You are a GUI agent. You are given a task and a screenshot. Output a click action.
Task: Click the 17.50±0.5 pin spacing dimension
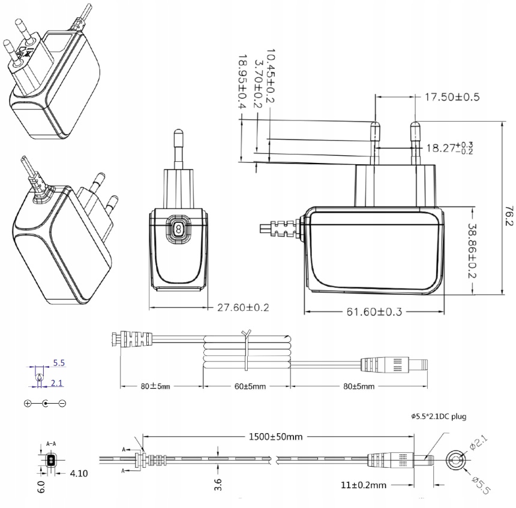click(x=451, y=97)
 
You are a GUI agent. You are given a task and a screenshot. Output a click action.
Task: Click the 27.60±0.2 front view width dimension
click(x=242, y=307)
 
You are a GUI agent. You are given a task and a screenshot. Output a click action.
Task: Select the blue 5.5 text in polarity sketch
click(x=59, y=363)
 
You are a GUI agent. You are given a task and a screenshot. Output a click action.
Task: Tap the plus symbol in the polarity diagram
click(x=28, y=403)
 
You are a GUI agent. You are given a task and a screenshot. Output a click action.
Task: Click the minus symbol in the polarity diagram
click(x=62, y=403)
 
